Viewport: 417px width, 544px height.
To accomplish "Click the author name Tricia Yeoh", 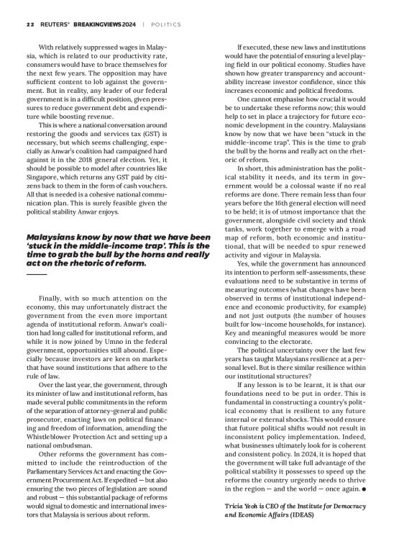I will (x=247, y=507).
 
